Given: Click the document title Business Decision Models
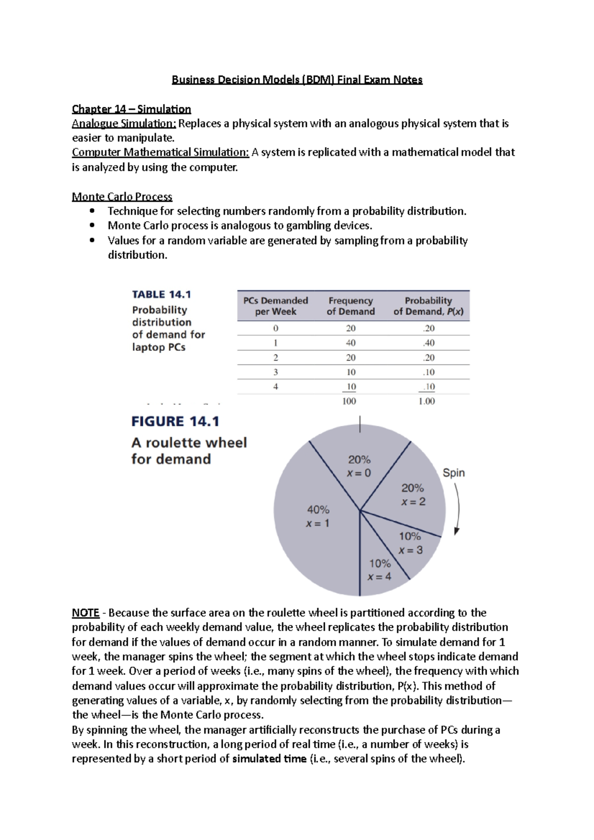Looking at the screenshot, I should [x=297, y=80].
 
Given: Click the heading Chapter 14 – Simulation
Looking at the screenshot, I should [x=131, y=109].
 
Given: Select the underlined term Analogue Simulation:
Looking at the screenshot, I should [x=124, y=124].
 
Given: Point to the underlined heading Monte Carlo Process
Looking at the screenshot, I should [x=122, y=196].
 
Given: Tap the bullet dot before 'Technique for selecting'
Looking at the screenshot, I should [x=92, y=211].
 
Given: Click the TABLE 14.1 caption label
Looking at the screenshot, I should [x=161, y=294].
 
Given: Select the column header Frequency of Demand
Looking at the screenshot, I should [x=350, y=306].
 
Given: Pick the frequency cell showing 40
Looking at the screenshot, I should [x=350, y=343].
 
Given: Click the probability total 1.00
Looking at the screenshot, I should [x=426, y=401].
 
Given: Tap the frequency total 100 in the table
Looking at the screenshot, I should [x=349, y=401].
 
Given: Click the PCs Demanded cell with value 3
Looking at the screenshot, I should [x=276, y=372].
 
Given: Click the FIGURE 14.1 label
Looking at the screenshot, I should [x=175, y=421].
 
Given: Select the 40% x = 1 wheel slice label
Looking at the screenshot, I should [x=318, y=516].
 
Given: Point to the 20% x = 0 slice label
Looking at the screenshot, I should [x=359, y=466].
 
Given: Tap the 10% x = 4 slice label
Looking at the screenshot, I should [x=380, y=570].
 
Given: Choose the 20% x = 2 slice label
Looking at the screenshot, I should [x=413, y=495].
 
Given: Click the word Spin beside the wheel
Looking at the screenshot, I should [x=453, y=472].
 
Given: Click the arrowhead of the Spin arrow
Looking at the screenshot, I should [x=457, y=531].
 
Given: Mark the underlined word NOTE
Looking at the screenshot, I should [x=86, y=613].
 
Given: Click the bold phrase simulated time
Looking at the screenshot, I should [x=269, y=759].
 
